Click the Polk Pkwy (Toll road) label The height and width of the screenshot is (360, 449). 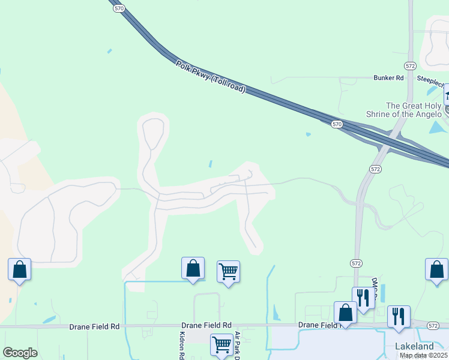(x=211, y=77)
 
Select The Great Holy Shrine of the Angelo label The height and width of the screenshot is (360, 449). (x=404, y=110)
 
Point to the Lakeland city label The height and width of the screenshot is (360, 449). (x=414, y=346)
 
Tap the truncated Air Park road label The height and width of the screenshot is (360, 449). (x=237, y=344)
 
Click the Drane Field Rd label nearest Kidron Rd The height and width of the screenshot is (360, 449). (x=209, y=325)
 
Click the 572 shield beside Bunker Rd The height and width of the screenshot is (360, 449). (x=410, y=65)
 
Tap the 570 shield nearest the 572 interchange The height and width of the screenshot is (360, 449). (x=337, y=124)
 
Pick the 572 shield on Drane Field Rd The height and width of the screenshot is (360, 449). (x=433, y=325)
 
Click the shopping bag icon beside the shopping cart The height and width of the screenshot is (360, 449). (x=193, y=268)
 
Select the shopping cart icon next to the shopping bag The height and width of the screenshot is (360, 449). (x=228, y=272)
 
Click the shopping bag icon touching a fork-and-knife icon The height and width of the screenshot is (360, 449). (x=345, y=313)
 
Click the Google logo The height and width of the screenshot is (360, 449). (x=20, y=353)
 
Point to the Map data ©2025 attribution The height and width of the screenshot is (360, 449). (x=423, y=355)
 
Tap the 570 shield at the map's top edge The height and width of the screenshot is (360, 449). (x=119, y=8)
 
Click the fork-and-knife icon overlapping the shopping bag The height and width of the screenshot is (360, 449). (x=363, y=298)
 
